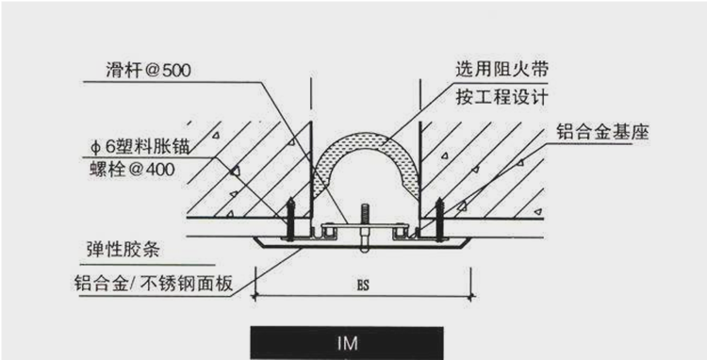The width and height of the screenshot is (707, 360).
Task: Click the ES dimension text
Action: [x=363, y=284]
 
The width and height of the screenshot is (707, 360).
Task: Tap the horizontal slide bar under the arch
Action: [x=362, y=228]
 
